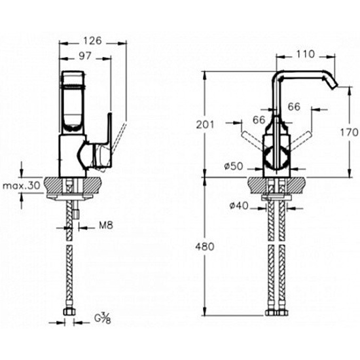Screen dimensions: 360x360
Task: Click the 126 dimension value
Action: pos(92,41)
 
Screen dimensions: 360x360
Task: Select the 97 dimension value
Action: pos(85,56)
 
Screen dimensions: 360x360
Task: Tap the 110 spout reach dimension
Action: pos(306,54)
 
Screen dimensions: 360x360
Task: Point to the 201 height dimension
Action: pos(205,124)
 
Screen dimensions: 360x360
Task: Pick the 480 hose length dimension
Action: pos(205,246)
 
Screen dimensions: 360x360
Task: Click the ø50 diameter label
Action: pos(234,166)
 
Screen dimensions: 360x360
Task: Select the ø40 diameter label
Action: pos(239,206)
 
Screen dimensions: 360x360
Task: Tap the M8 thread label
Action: pos(106,225)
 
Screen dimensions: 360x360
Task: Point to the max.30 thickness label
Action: pos(22,185)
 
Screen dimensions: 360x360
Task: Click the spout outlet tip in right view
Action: pos(334,86)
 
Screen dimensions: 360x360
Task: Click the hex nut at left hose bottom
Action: pos(69,312)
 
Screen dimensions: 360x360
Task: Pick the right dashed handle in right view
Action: pos(300,139)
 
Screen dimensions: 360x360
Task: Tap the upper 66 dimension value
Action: pos(294,107)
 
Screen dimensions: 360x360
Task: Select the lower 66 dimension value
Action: pos(259,120)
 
